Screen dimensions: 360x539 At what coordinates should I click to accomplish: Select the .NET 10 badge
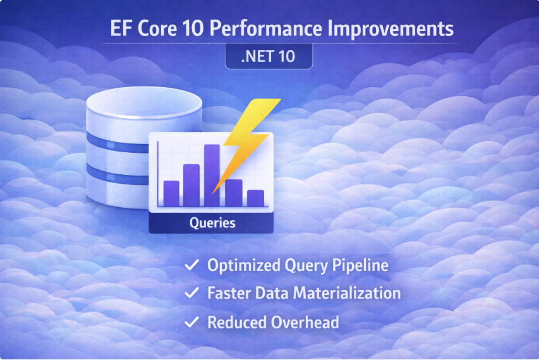(269, 56)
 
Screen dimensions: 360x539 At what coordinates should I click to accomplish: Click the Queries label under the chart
(212, 223)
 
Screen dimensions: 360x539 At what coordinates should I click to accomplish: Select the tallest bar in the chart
(212, 175)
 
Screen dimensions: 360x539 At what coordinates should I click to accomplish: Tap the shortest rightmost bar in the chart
(255, 198)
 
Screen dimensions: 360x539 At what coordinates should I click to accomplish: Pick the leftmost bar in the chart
(171, 193)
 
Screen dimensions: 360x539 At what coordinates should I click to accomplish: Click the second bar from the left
(191, 184)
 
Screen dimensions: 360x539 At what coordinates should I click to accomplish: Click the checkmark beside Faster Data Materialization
(190, 294)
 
